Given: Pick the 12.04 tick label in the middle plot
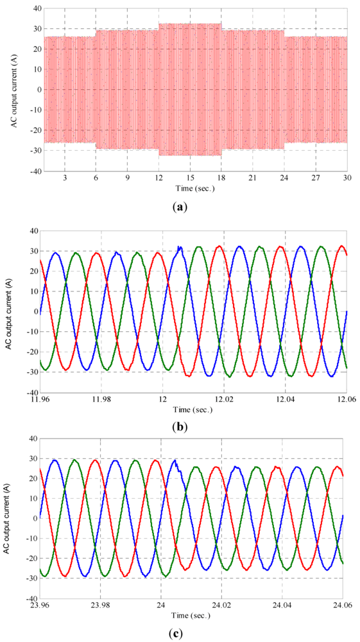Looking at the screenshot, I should click(285, 399).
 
